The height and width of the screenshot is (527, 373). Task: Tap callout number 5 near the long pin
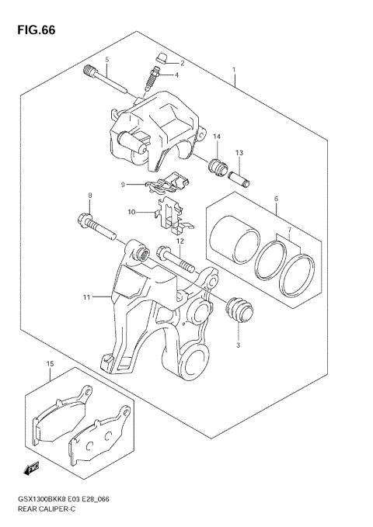pyautogui.click(x=107, y=60)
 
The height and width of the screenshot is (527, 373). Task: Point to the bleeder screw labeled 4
pyautogui.click(x=153, y=78)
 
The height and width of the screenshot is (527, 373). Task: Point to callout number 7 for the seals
pyautogui.click(x=290, y=231)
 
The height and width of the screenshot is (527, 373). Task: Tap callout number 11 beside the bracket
pyautogui.click(x=87, y=296)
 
